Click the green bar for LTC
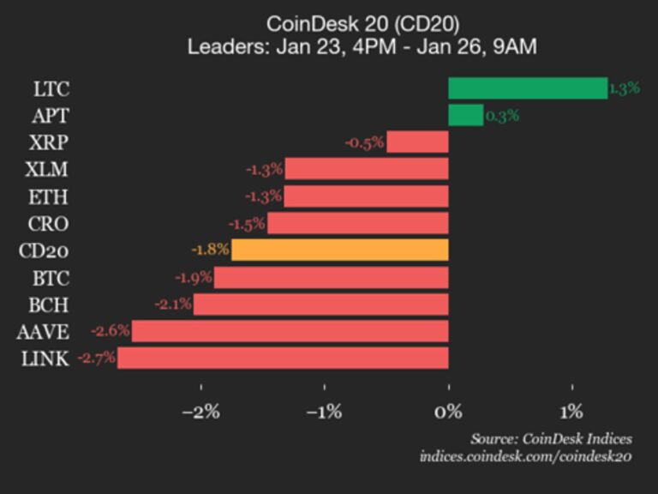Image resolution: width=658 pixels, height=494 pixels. (528, 88)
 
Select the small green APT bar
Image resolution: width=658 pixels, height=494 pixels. (465, 115)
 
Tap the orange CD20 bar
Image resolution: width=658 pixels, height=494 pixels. (340, 250)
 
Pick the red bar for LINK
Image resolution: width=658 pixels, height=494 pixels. (283, 358)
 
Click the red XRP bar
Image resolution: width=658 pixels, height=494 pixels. (417, 142)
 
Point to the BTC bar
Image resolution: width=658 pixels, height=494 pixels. (331, 277)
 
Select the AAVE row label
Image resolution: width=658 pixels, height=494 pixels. (41, 332)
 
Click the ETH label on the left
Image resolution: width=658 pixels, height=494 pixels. (48, 197)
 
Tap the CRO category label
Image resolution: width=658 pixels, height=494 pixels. (48, 224)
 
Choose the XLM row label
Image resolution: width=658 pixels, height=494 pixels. (48, 170)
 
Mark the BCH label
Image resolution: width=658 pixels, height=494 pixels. (48, 304)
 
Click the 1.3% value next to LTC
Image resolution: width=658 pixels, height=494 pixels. (624, 88)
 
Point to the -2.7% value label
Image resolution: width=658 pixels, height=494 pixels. (96, 358)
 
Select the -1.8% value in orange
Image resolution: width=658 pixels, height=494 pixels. (210, 250)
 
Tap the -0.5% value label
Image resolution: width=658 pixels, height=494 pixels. (364, 142)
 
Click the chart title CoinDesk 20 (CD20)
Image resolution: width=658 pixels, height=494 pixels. (362, 23)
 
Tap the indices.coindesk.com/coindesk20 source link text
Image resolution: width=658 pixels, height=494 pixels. (525, 456)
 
